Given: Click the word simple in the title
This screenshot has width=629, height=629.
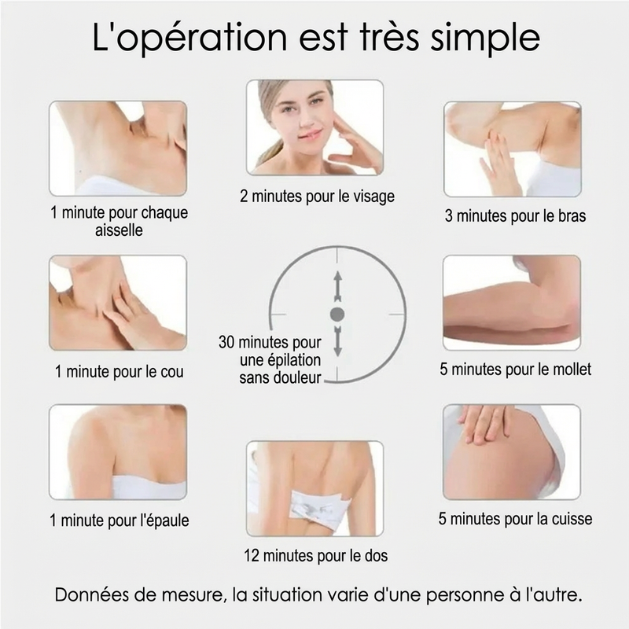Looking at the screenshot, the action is tap(485, 39).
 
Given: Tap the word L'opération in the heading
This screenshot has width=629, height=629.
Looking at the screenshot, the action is tap(189, 38).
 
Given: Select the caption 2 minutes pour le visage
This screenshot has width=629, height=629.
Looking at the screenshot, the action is tap(318, 197).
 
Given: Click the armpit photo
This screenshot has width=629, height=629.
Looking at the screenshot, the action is tap(118, 149).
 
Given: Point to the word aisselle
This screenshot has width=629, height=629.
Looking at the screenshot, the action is tap(119, 230).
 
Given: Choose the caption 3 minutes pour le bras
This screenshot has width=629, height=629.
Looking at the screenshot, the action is tap(516, 215).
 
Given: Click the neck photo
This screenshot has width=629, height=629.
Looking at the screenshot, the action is tap(118, 303).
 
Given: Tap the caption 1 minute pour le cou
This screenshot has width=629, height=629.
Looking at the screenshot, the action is tap(120, 371).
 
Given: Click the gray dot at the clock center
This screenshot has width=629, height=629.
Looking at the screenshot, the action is tap(337, 315).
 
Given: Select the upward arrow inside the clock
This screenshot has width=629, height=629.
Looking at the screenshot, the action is tap(338, 286).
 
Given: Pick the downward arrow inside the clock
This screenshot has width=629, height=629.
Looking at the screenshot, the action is tap(338, 341).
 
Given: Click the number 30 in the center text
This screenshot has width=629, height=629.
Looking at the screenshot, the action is tap(226, 342).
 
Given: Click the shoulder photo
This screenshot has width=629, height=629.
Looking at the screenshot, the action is tap(118, 452).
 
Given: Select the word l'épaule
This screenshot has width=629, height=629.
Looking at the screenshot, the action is tap(164, 520).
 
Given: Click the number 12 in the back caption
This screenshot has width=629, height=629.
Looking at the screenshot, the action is tap(252, 556).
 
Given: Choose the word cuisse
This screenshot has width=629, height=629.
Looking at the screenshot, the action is tap(572, 519).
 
